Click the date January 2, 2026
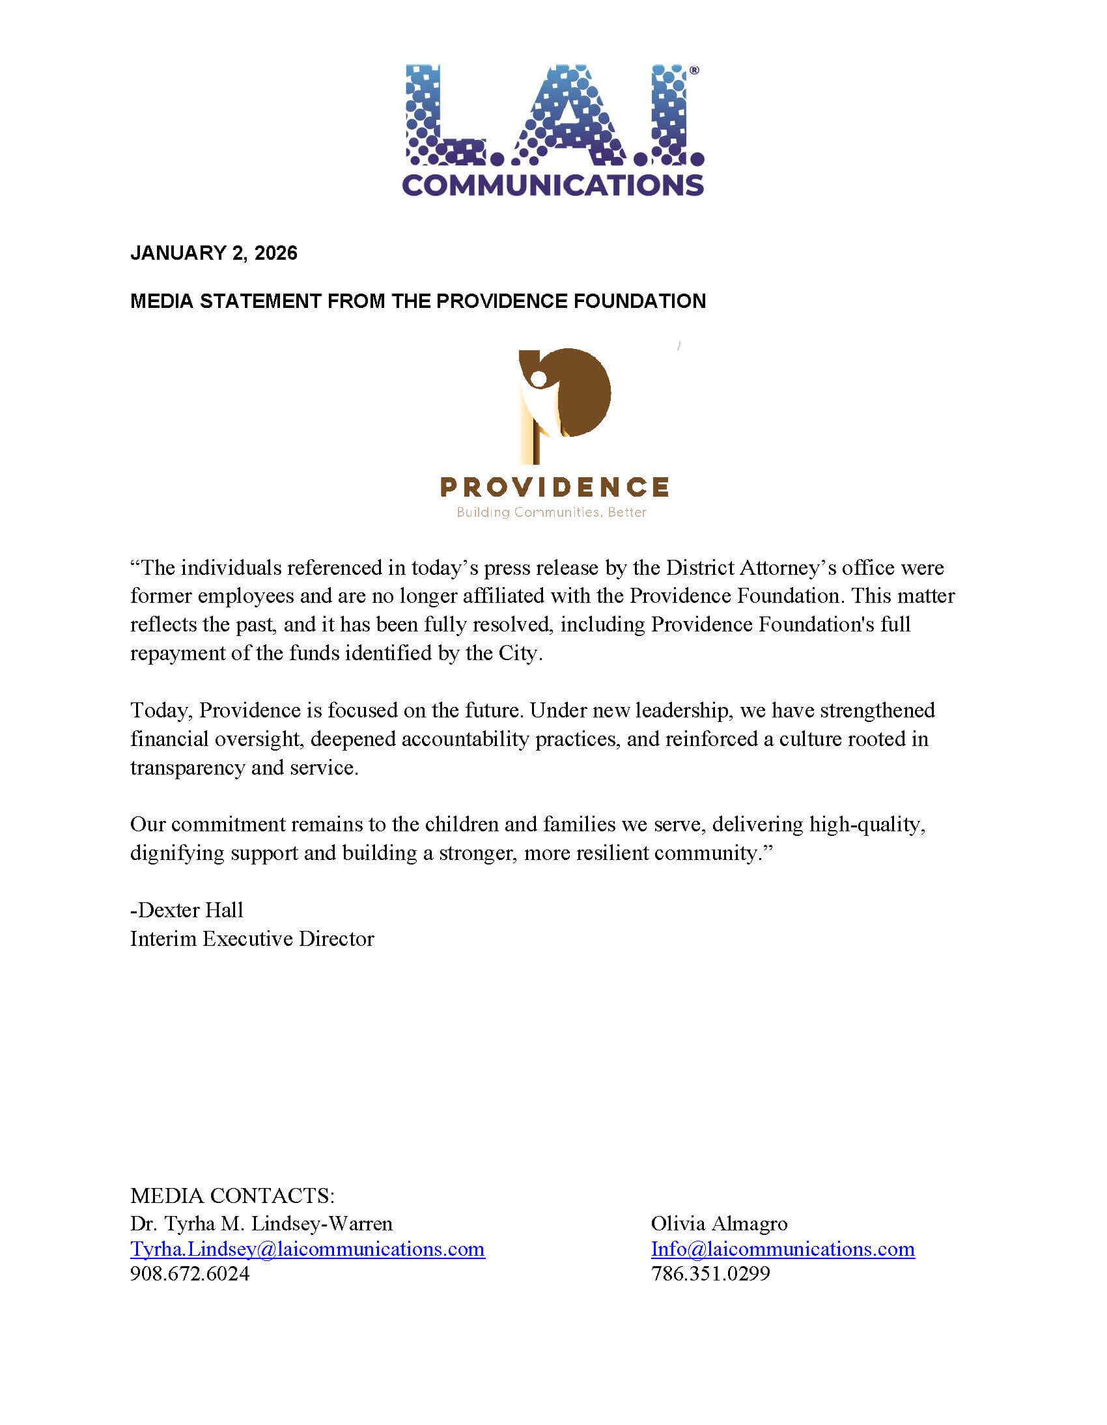214,253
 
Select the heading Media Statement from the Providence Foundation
418,301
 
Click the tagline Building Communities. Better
552,512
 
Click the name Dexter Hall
189,910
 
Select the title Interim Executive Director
252,939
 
